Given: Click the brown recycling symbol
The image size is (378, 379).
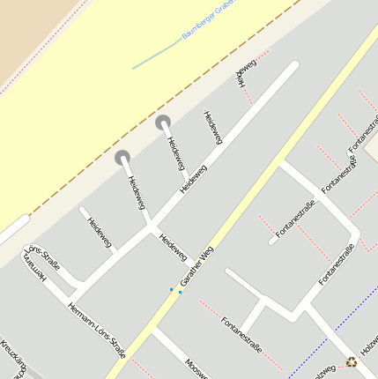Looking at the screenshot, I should pos(352,361).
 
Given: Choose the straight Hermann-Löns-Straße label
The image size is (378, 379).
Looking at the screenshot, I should pos(97,330).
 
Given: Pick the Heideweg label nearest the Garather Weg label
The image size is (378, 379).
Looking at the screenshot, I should pos(173,246).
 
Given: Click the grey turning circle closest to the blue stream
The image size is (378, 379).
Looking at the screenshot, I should pos(163,123).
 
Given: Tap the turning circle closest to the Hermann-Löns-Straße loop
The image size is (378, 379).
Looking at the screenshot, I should pos(122,158).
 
